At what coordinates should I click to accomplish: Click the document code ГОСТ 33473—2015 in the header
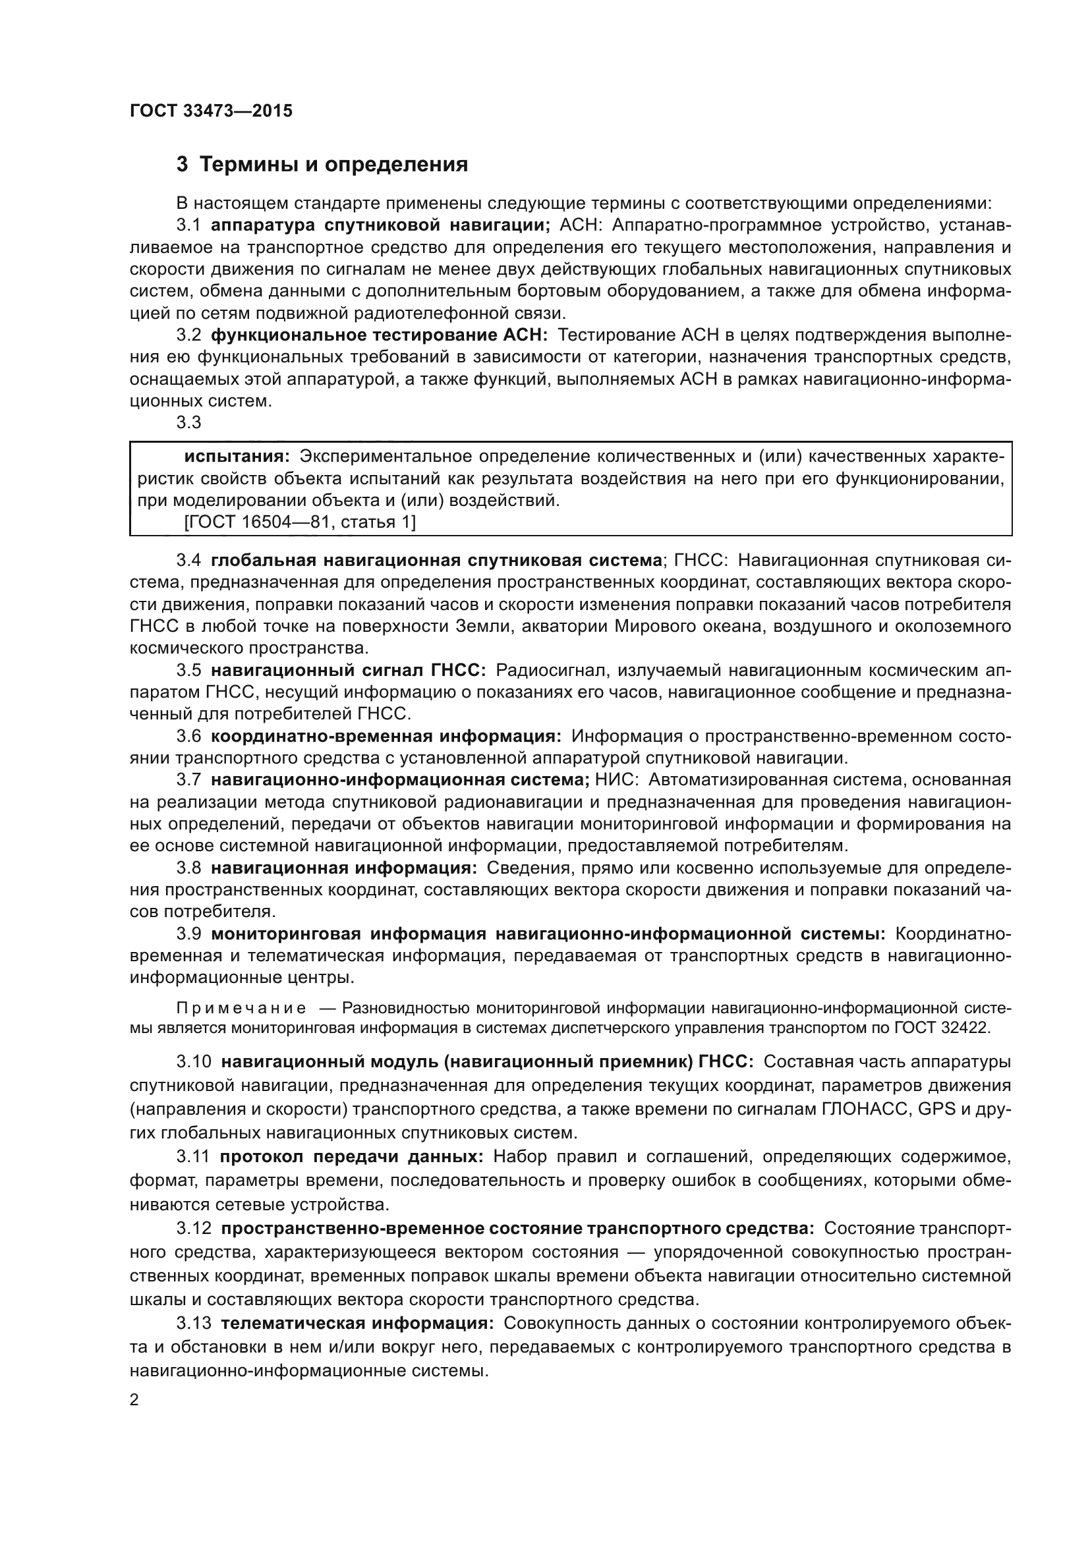pos(211,111)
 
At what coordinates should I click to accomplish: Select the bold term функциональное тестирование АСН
pos(379,335)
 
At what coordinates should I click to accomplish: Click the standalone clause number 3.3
pos(188,423)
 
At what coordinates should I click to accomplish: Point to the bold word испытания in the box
pos(237,457)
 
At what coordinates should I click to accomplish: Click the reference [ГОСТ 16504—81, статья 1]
pos(299,522)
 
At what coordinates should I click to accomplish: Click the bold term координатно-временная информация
pos(386,737)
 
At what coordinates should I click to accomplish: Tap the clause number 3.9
pos(188,934)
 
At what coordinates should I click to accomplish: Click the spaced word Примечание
pos(241,1008)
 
